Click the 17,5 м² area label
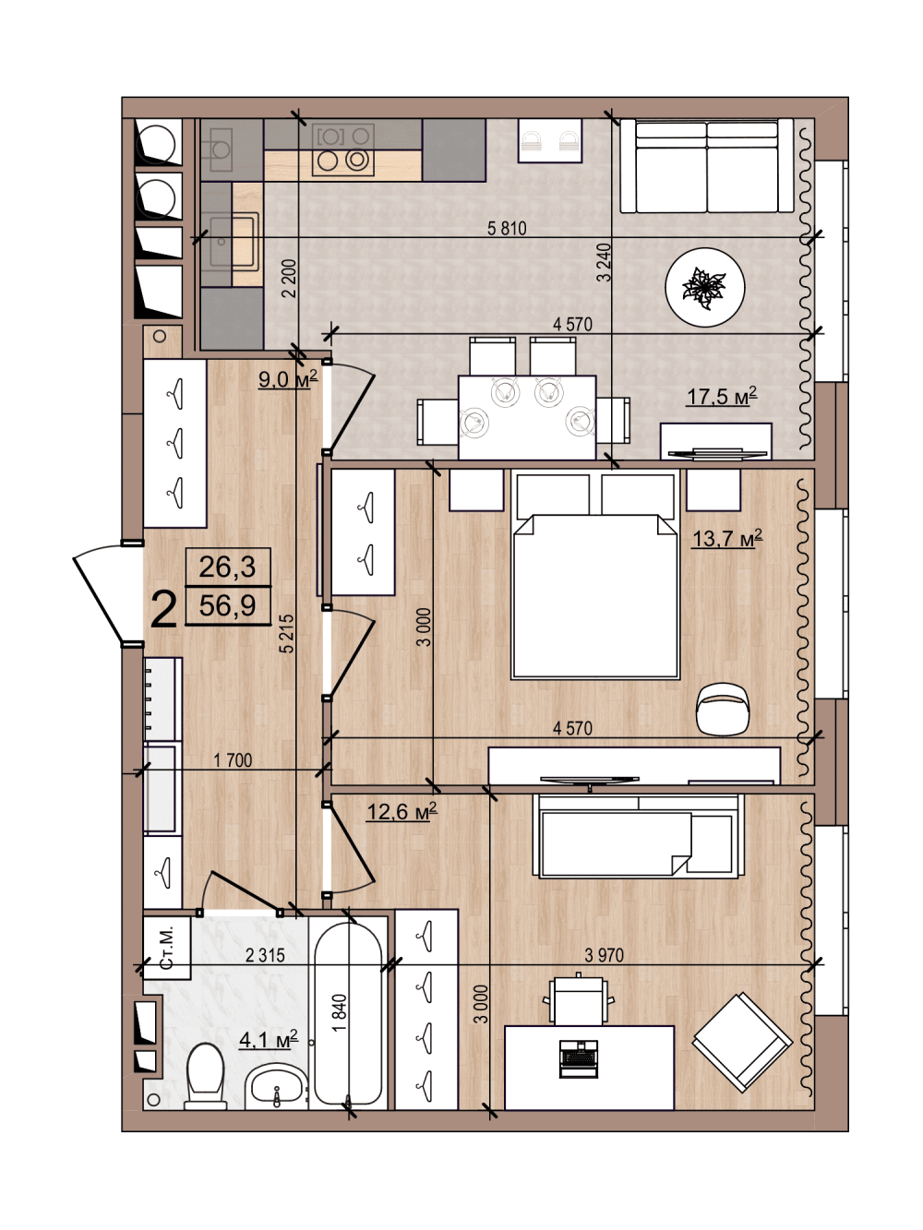pos(722,396)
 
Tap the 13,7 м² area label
pos(726,538)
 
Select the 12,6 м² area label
pos(402,811)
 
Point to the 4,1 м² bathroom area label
pos(269,1040)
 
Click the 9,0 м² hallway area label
pos(287,379)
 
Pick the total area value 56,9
pos(228,605)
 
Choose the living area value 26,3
pos(228,567)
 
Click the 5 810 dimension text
pos(507,228)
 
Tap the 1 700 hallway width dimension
pos(233,760)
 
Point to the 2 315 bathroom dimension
pos(265,955)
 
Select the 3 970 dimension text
pos(604,955)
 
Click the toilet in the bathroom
pos(206,1076)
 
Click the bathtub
pos(348,1013)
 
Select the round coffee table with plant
pos(705,287)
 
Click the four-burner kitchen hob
pos(343,149)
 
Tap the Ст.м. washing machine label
pos(166,948)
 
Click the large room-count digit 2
pos(163,611)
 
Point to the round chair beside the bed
pos(724,709)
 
